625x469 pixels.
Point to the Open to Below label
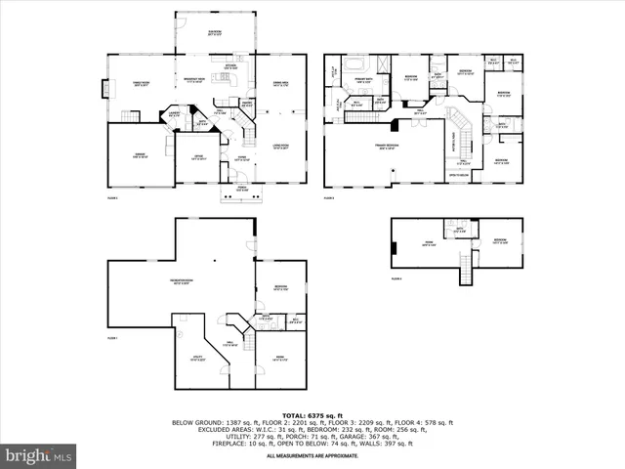459,176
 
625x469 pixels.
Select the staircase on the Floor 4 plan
467,266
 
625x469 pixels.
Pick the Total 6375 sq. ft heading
312,414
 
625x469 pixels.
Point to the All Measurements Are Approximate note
312,451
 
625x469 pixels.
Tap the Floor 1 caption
111,337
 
